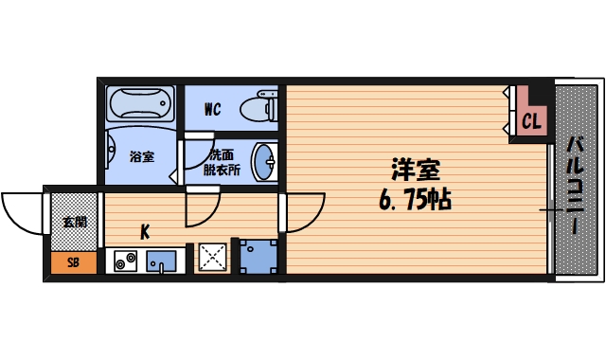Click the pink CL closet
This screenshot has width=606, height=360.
(531, 119)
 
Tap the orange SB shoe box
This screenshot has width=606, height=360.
(72, 262)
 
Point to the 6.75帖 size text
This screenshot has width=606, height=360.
(417, 200)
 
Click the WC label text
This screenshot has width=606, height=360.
(212, 110)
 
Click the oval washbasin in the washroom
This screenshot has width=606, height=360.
(264, 161)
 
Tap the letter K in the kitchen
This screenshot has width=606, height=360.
(145, 230)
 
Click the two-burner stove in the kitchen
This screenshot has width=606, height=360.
(124, 261)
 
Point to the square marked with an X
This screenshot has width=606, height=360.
(212, 258)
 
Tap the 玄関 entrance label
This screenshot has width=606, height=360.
(73, 223)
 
